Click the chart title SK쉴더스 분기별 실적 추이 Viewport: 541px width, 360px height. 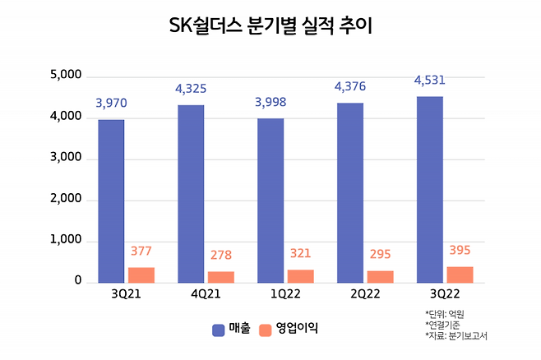pyautogui.click(x=270, y=27)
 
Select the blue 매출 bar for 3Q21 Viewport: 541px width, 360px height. pyautogui.click(x=111, y=201)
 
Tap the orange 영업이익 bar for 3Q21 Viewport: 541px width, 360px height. pyautogui.click(x=141, y=275)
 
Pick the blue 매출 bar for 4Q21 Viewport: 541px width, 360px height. pyautogui.click(x=191, y=193)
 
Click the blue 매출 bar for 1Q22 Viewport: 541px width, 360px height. pyautogui.click(x=270, y=200)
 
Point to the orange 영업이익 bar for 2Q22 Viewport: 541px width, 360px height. pyautogui.click(x=380, y=276)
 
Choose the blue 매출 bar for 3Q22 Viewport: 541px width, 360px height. pyautogui.click(x=429, y=189)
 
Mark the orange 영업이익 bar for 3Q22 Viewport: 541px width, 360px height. pyautogui.click(x=460, y=274)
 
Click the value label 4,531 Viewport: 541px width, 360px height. pyautogui.click(x=428, y=81)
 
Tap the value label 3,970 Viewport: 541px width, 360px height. pyautogui.click(x=111, y=104)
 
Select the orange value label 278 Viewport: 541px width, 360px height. pyautogui.click(x=221, y=256)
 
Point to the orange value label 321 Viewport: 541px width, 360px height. pyautogui.click(x=301, y=253)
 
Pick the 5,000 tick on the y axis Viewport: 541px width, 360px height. pyautogui.click(x=66, y=76)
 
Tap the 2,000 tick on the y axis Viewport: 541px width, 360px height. pyautogui.click(x=66, y=200)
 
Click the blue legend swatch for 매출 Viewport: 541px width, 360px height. pyautogui.click(x=219, y=329)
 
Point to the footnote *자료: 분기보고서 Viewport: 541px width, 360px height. pyautogui.click(x=462, y=336)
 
